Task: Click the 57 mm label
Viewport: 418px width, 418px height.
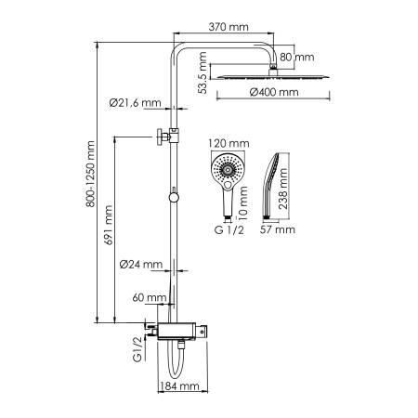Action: pyautogui.click(x=279, y=228)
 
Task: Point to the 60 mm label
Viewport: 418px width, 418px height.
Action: pyautogui.click(x=148, y=298)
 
